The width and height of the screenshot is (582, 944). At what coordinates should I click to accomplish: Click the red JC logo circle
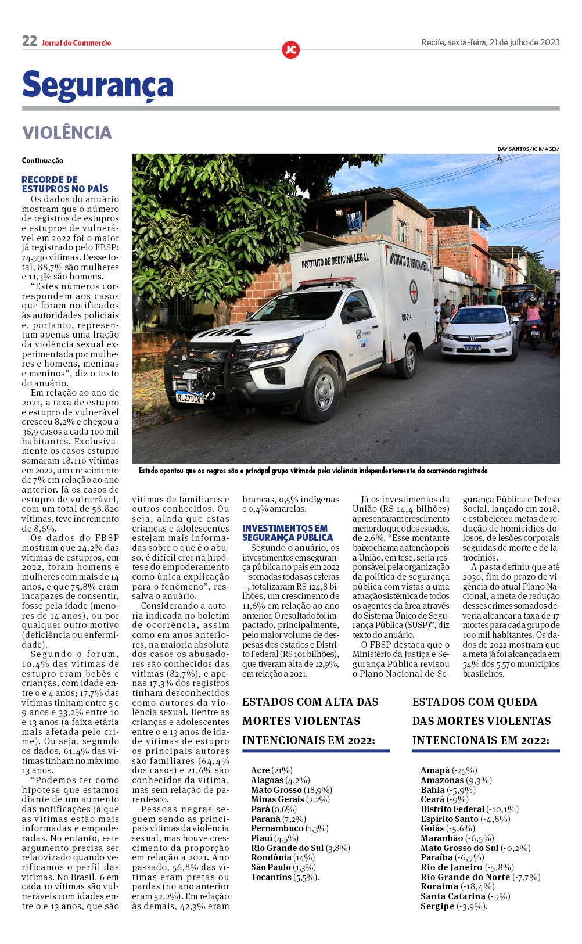(x=290, y=50)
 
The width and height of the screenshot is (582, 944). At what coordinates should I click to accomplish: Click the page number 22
(x=29, y=41)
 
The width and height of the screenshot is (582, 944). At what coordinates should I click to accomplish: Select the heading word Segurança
(x=98, y=85)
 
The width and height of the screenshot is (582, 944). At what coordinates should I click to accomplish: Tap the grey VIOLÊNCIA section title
(x=67, y=132)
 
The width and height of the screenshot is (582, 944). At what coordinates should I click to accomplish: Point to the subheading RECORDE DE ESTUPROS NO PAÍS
(x=65, y=184)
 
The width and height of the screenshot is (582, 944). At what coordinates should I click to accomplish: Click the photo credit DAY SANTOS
(x=513, y=149)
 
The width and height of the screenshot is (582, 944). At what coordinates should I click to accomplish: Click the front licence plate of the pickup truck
(x=189, y=398)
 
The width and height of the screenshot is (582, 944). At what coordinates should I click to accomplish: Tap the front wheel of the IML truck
(x=321, y=392)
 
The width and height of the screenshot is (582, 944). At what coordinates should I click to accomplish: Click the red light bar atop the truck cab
(x=327, y=283)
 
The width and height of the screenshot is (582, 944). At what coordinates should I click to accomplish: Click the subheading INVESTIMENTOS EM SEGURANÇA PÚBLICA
(x=288, y=533)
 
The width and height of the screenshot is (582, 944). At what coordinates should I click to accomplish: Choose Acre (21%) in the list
(x=272, y=770)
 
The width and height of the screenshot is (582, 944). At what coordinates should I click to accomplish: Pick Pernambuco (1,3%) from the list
(x=289, y=828)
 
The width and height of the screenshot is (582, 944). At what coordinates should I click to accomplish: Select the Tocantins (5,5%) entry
(x=285, y=877)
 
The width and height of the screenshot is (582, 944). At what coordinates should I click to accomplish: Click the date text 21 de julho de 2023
(x=524, y=42)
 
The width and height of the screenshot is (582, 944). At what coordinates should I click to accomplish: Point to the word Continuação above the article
(x=42, y=161)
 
